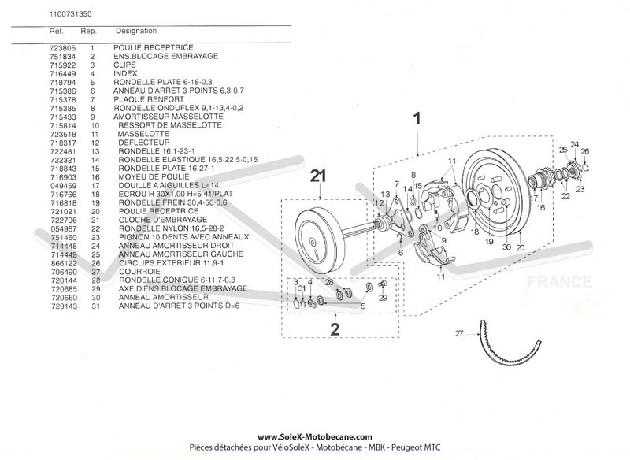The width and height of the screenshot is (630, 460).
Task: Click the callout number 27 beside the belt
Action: [x=459, y=333]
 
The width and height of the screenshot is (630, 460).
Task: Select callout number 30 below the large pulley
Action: [x=505, y=247]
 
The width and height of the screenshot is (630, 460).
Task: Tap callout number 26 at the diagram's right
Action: [x=584, y=151]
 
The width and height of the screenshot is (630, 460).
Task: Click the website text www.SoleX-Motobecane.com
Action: [x=314, y=436]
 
